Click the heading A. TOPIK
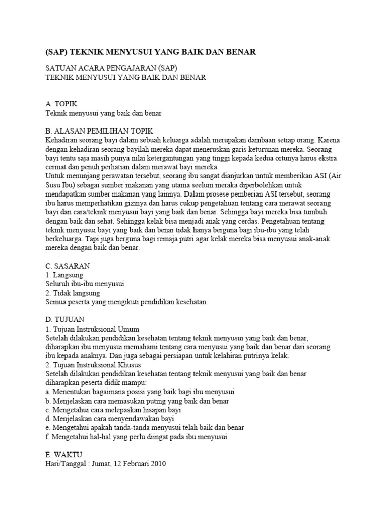pyautogui.click(x=61, y=104)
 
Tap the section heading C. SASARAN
pyautogui.click(x=68, y=266)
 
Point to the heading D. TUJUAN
pyautogui.click(x=65, y=319)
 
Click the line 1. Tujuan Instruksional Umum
pyautogui.click(x=92, y=329)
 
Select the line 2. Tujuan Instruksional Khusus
pyautogui.click(x=94, y=364)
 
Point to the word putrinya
pyautogui.click(x=259, y=356)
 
